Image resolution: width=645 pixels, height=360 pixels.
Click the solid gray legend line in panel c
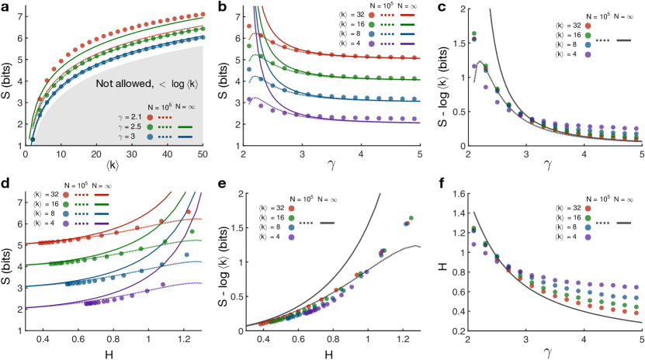[619, 39]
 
